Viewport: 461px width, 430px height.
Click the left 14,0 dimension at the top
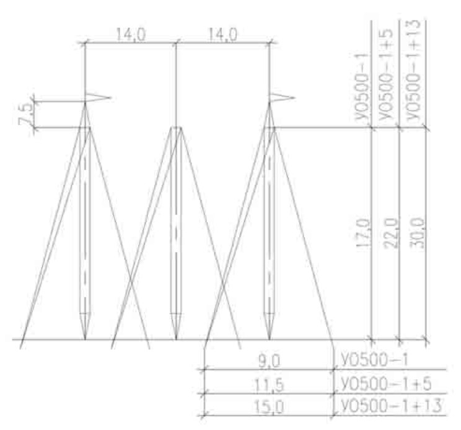[x=131, y=35]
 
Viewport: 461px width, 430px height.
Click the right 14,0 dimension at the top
[x=222, y=35]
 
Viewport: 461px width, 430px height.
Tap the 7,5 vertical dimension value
[x=25, y=114]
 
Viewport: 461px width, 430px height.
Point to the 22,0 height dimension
[x=392, y=232]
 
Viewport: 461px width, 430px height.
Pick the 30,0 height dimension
[x=417, y=233]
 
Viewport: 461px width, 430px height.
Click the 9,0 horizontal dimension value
[x=270, y=361]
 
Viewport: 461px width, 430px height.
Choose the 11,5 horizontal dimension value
[x=270, y=385]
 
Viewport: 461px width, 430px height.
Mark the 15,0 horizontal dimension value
[x=270, y=407]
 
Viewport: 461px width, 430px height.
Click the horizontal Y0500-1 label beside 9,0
[x=374, y=359]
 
